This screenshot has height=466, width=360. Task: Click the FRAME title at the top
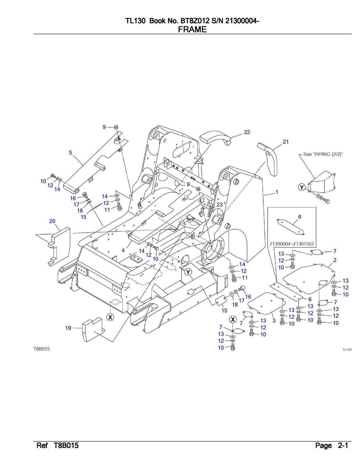coord(192,29)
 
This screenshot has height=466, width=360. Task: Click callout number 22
coord(247,132)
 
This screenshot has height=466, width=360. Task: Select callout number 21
coord(286,142)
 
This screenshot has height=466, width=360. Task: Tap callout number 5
coord(70,153)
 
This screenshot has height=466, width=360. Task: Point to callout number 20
coord(52,221)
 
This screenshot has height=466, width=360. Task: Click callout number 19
coord(68,328)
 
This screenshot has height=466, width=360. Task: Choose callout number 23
coord(219,205)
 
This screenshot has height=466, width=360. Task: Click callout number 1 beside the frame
coord(277,192)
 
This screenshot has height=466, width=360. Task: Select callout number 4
coord(123,250)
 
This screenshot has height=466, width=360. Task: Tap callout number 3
coord(274,321)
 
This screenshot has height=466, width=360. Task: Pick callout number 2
coord(335,260)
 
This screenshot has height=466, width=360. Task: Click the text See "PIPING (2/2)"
coord(323,154)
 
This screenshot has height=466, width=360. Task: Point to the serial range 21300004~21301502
coord(292,244)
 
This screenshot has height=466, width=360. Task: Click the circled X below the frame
coord(110,317)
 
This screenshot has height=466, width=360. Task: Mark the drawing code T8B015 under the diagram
coord(41,349)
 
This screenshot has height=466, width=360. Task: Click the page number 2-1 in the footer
coord(343,445)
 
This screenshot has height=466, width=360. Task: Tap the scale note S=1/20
coord(347,349)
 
